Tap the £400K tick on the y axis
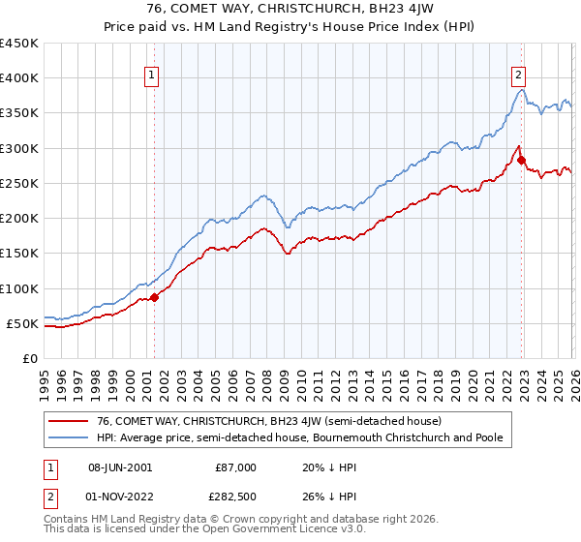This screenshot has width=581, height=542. pos(19,78)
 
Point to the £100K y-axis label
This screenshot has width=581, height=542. pos(19,288)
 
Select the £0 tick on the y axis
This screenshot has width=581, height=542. pos(31,358)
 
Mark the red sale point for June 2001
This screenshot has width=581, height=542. pos(154,297)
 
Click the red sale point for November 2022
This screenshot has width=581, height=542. pos(521,161)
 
